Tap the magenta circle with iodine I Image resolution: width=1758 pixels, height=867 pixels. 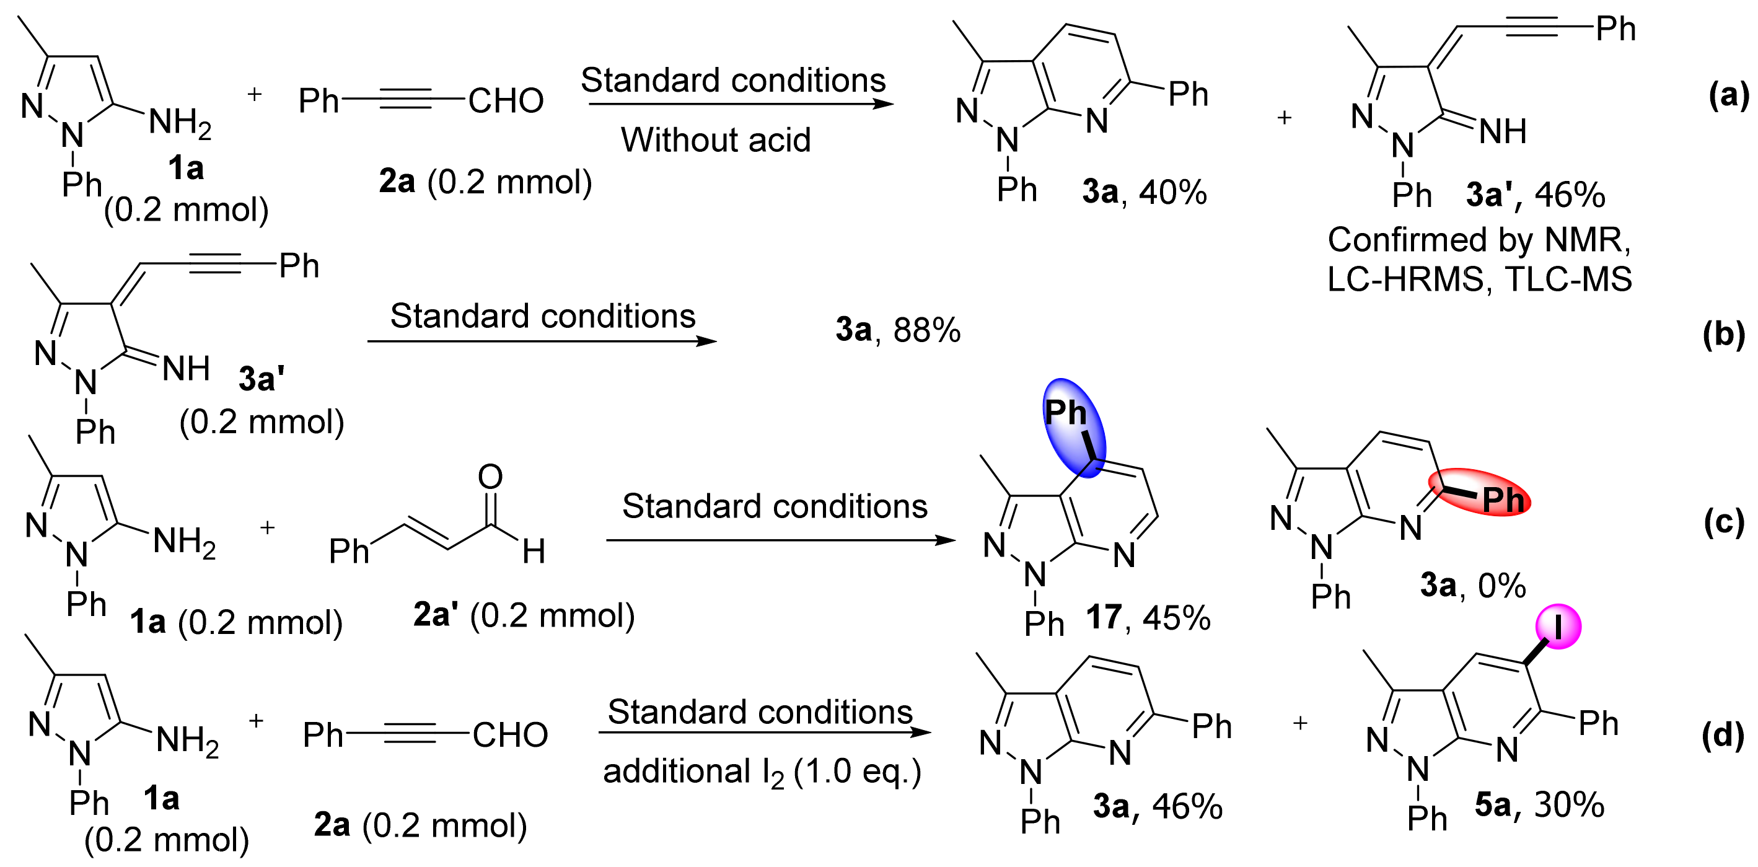click(1558, 626)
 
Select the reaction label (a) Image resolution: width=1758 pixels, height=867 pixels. click(1728, 94)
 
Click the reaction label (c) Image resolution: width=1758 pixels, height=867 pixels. click(1723, 522)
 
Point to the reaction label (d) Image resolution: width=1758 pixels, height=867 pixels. click(1722, 735)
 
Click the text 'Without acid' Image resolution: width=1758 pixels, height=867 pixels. click(715, 140)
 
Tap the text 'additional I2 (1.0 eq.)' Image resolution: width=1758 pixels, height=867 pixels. click(762, 773)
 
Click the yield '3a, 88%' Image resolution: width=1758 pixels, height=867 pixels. click(897, 330)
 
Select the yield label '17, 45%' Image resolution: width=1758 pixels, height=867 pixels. click(1148, 617)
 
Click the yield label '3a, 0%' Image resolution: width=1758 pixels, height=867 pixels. click(1473, 585)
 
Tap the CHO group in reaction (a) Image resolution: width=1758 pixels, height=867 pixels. click(506, 101)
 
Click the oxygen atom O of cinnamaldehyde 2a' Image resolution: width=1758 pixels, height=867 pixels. click(490, 476)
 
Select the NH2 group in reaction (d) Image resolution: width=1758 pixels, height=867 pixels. click(187, 740)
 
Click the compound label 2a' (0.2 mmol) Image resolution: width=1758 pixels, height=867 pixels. click(524, 615)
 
